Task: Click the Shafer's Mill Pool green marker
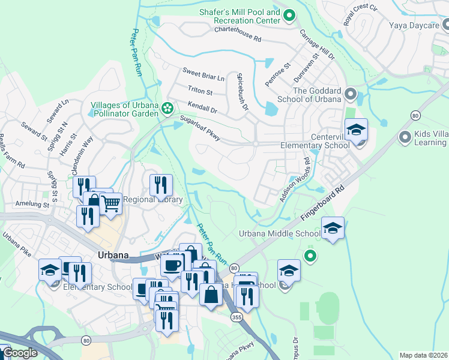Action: pos(289,16)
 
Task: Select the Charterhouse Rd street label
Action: pos(238,34)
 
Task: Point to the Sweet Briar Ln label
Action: pos(203,77)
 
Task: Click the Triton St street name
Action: pos(200,92)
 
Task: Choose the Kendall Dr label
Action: pos(201,108)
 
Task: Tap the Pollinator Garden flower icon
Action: pos(169,108)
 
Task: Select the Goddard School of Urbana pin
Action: pos(351,95)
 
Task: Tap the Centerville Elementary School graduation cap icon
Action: pos(356,130)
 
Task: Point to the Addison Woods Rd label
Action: pos(294,179)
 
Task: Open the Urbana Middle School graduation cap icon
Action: pos(333,228)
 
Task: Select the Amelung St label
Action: pos(32,204)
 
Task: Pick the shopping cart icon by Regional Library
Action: pos(110,204)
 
